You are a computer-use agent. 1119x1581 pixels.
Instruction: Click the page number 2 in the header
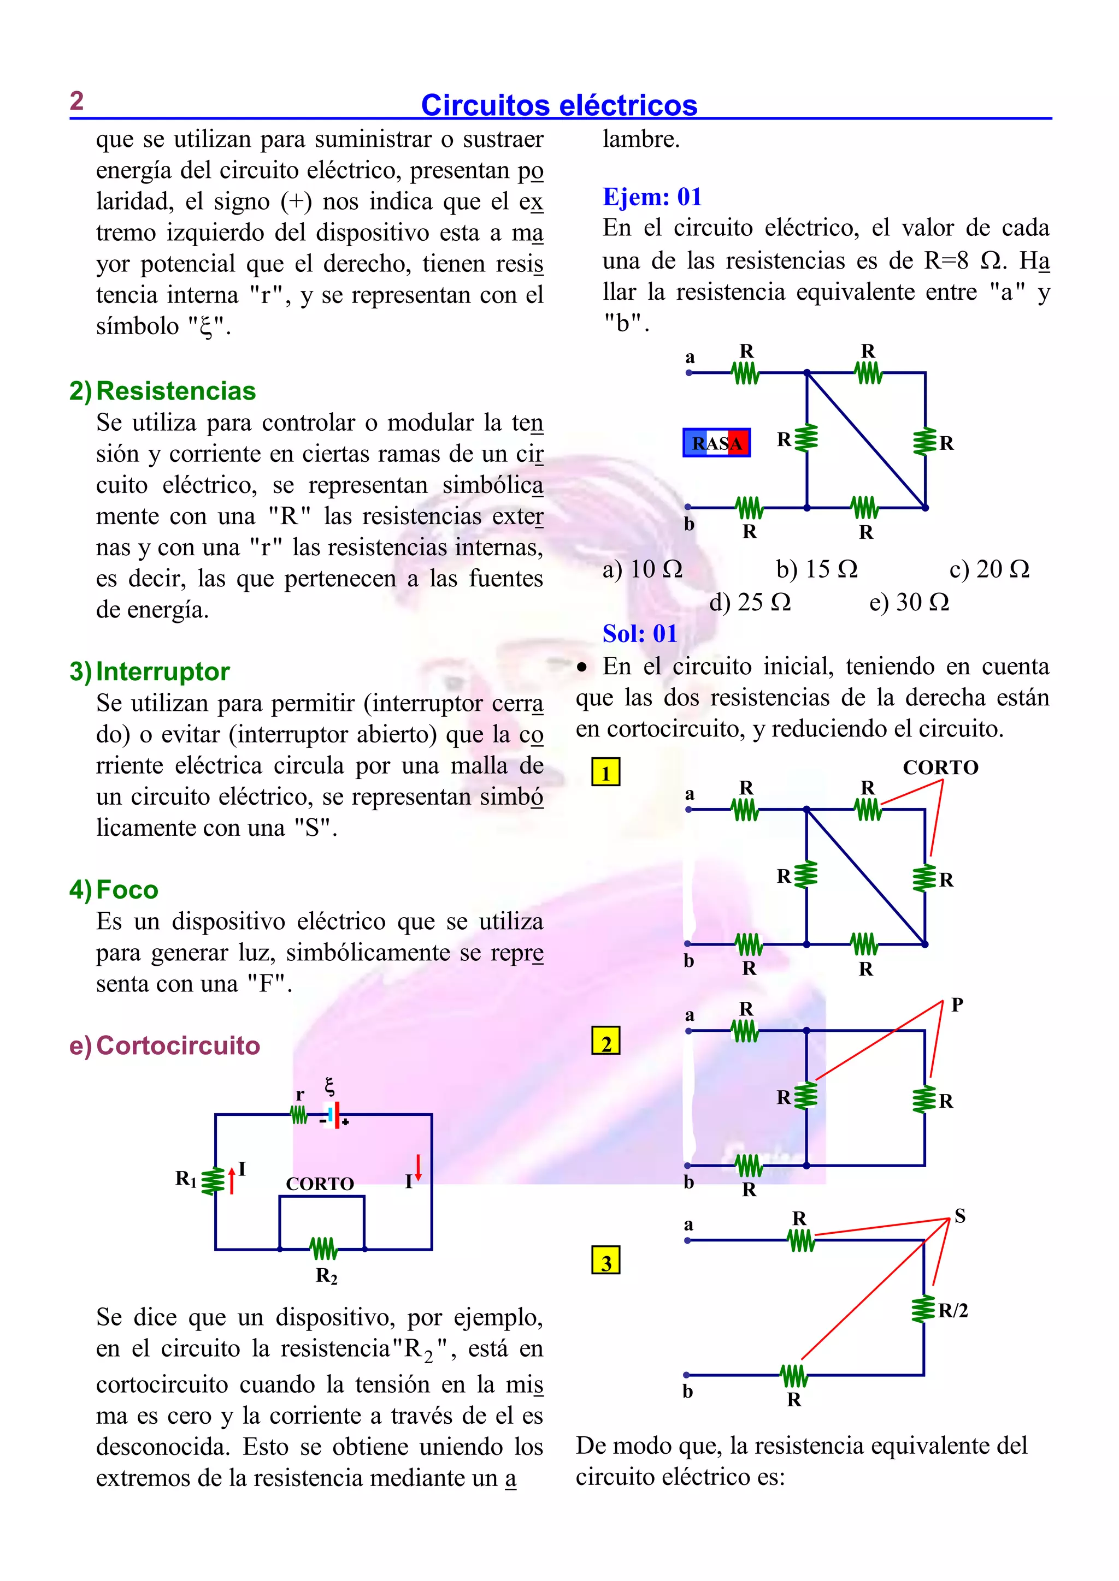click(x=76, y=101)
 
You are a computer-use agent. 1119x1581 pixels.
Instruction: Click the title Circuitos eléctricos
click(x=559, y=105)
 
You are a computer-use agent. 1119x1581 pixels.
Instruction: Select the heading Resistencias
click(x=176, y=391)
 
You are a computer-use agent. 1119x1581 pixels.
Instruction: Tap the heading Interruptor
click(x=163, y=671)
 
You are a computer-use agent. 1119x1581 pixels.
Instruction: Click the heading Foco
click(x=127, y=890)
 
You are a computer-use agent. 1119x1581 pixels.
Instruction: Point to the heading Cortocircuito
click(x=178, y=1045)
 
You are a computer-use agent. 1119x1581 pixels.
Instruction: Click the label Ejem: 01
click(x=652, y=197)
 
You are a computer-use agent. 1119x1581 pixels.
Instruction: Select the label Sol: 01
click(x=639, y=633)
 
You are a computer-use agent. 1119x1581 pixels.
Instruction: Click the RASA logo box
click(x=717, y=443)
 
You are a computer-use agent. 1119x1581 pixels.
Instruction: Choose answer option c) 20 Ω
click(x=989, y=569)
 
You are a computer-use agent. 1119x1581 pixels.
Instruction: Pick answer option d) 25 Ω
click(x=750, y=603)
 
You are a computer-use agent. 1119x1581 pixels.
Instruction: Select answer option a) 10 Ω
click(x=642, y=569)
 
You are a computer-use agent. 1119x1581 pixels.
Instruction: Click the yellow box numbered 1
click(x=605, y=772)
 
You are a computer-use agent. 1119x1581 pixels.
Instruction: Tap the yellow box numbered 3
click(x=605, y=1260)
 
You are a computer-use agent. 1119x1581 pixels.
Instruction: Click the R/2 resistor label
click(x=953, y=1310)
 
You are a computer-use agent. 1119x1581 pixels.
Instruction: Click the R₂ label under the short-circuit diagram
click(x=326, y=1276)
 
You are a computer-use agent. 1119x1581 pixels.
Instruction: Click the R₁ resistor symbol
click(x=213, y=1180)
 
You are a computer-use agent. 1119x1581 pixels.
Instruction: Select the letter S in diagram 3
click(x=960, y=1216)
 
